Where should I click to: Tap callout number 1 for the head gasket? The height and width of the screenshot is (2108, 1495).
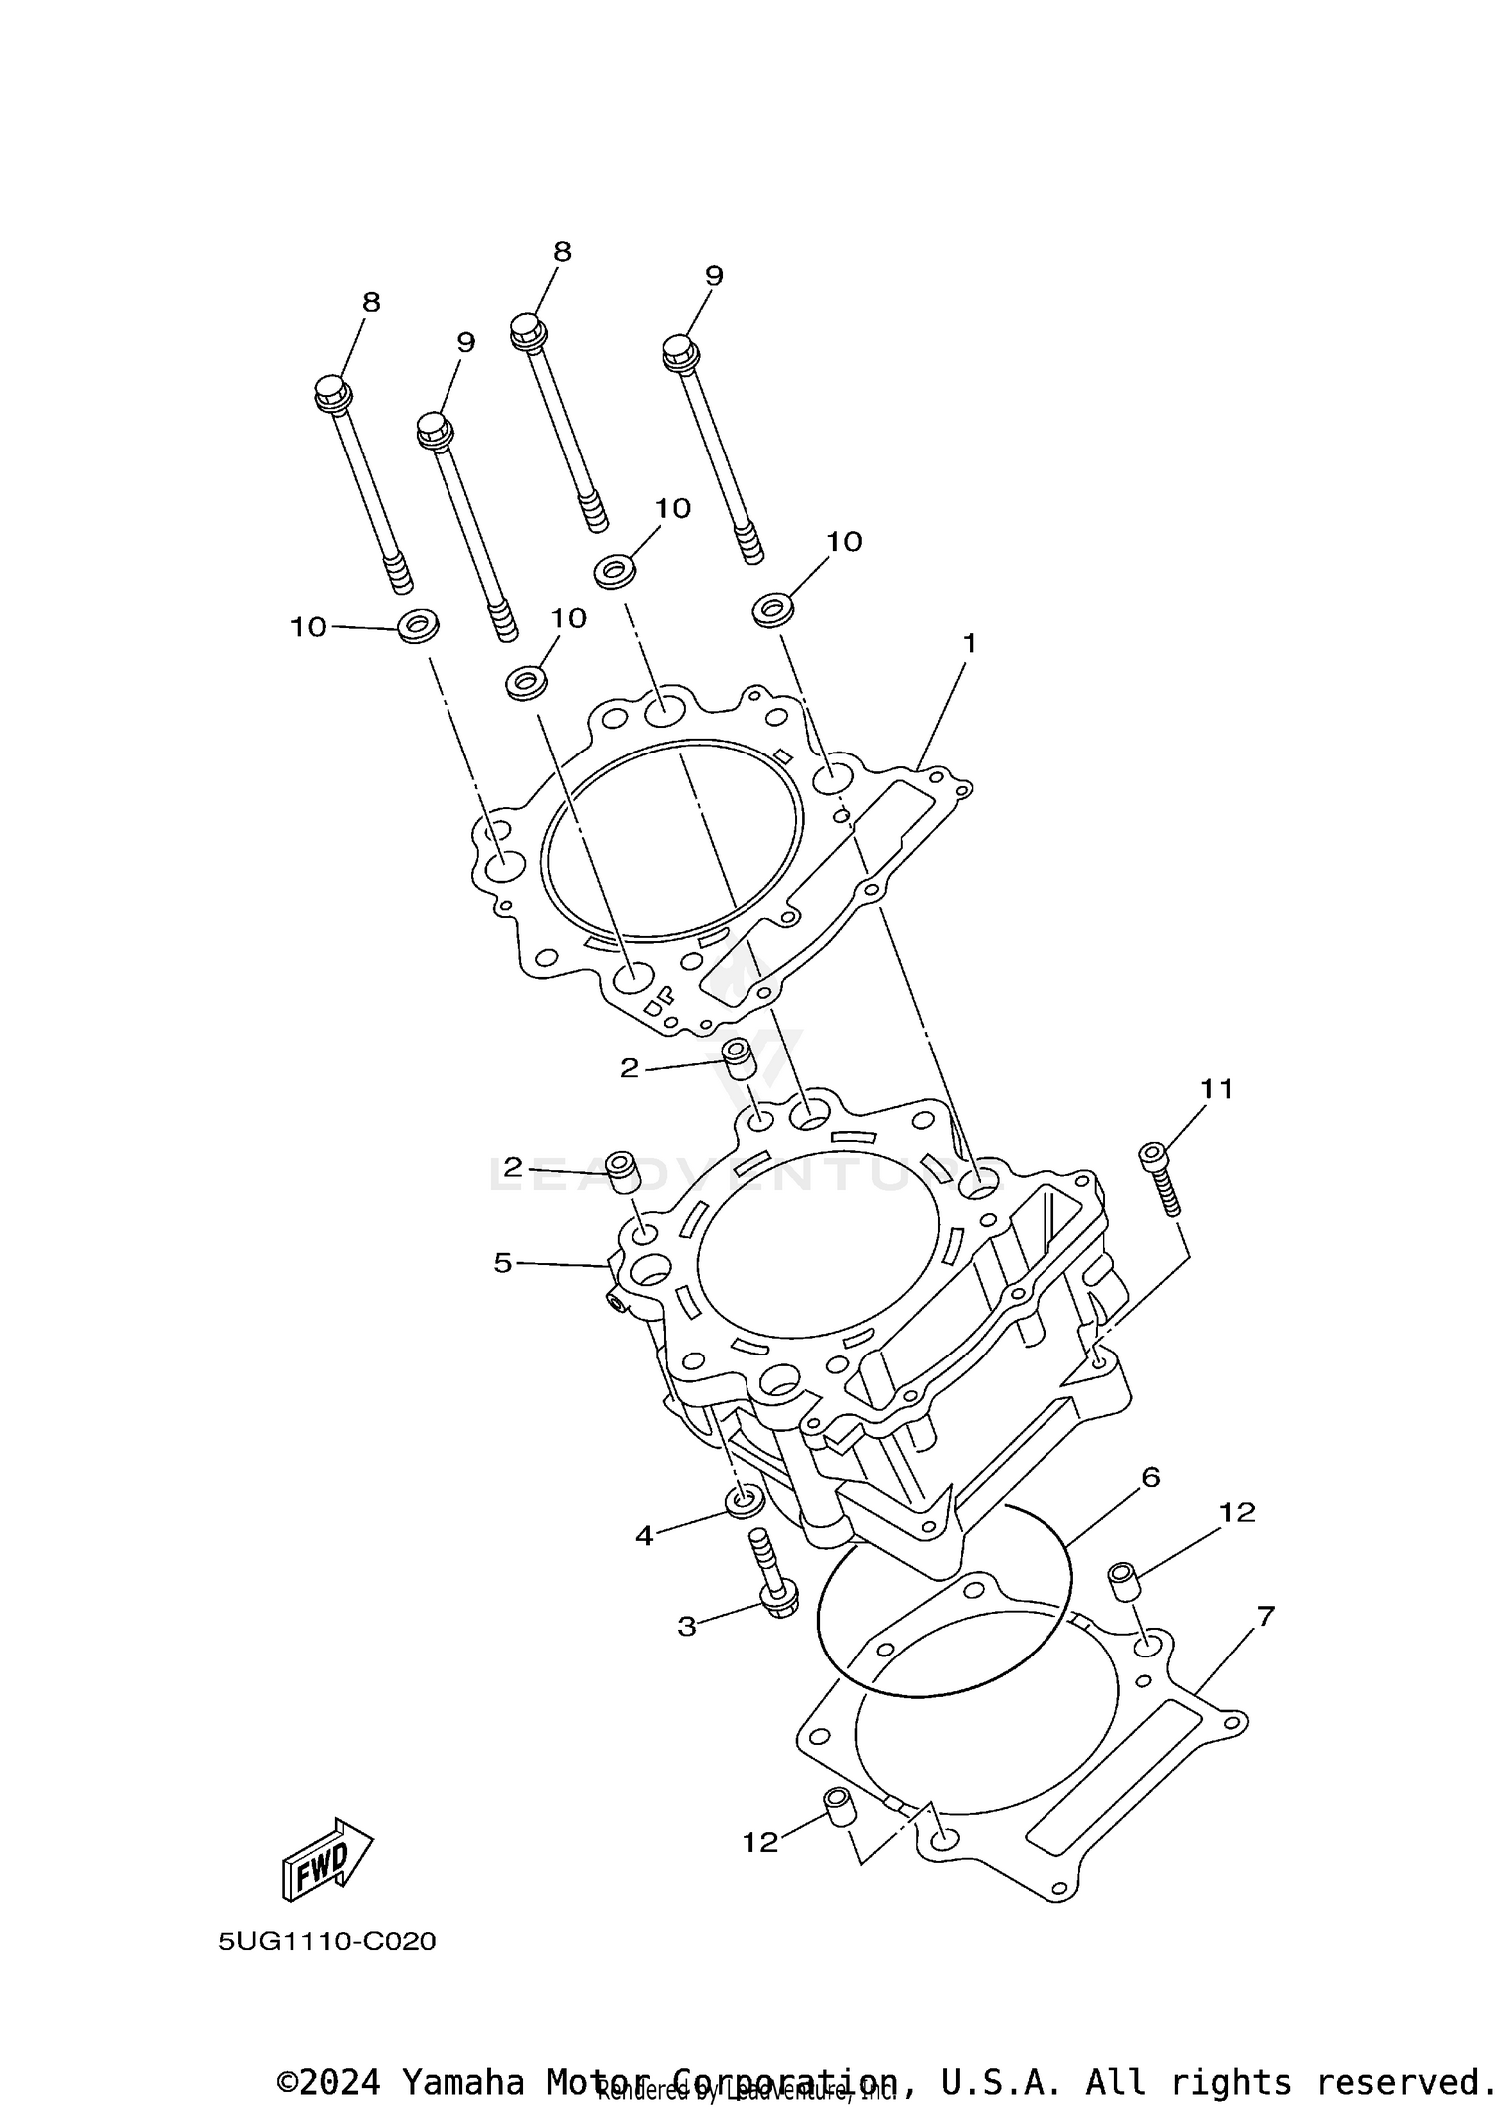coord(968,644)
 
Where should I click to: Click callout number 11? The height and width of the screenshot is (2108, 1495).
coord(1216,1089)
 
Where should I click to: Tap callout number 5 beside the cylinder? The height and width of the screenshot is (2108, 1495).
coord(503,1263)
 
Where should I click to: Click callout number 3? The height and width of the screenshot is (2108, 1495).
coord(687,1627)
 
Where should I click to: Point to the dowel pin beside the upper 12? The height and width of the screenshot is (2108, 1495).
coord(1124,1581)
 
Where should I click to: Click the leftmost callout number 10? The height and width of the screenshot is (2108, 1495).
coord(308,627)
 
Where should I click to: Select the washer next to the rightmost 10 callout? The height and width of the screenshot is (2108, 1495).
coord(772,608)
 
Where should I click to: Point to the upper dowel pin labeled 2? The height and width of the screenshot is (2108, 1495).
coord(737,1058)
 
